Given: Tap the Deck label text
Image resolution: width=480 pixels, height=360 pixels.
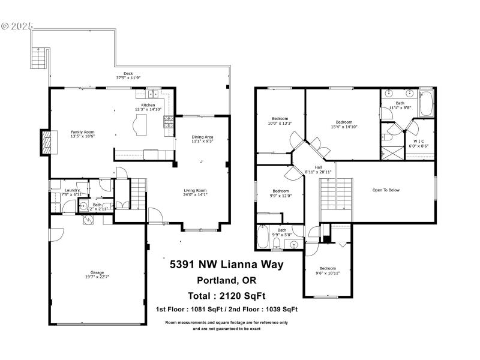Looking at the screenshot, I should pyautogui.click(x=128, y=74).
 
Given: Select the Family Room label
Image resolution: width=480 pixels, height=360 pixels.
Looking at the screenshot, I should pyautogui.click(x=82, y=132).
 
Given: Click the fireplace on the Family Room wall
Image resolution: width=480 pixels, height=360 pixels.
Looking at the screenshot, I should pyautogui.click(x=45, y=142).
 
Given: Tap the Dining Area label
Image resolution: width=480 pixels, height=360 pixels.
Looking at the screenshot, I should pyautogui.click(x=202, y=137).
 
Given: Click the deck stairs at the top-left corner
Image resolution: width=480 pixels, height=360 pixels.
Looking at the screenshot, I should pyautogui.click(x=38, y=58).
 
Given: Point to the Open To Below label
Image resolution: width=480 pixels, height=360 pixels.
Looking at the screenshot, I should pyautogui.click(x=386, y=190).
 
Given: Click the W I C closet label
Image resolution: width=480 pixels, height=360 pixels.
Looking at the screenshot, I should pyautogui.click(x=418, y=141).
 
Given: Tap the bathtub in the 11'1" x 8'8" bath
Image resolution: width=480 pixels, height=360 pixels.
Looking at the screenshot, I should pyautogui.click(x=426, y=104).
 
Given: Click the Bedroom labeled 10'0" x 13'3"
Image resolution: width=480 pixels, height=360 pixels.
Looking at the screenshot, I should pyautogui.click(x=280, y=119).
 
